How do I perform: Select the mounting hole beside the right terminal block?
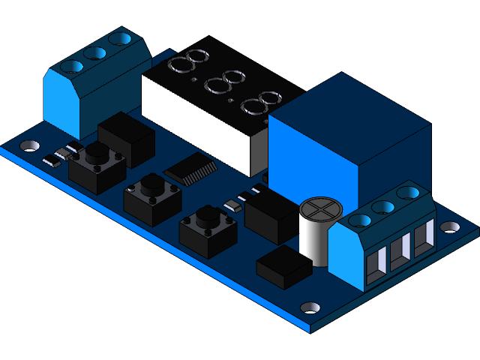448,226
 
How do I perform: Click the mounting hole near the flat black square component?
310,307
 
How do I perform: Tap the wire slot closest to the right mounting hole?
424,235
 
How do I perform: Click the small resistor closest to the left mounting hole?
51,159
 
